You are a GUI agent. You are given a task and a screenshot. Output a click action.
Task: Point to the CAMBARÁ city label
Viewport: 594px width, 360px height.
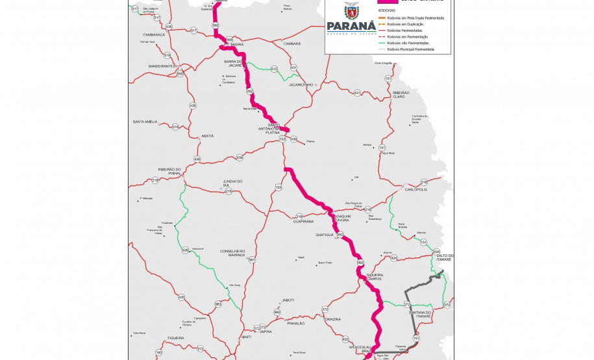tap(291, 43)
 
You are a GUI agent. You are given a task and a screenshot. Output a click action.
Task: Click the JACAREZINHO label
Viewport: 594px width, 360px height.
tap(301, 84)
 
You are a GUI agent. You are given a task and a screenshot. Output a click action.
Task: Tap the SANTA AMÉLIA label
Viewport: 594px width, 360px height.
tap(145, 122)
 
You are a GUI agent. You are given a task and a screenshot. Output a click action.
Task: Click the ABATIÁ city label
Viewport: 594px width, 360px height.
tap(207, 136)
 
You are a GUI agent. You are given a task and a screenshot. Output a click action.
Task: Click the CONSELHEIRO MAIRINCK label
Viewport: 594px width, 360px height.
tap(233, 253)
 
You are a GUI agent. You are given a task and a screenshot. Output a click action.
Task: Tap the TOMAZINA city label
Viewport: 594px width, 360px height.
tap(332, 319)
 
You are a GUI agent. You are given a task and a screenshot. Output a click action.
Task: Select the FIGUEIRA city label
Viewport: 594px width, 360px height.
tap(175, 338)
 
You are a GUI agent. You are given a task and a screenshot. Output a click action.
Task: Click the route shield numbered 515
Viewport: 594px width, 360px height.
tap(274, 68)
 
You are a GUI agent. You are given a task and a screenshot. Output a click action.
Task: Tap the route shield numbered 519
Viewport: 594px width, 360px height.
tap(167, 55)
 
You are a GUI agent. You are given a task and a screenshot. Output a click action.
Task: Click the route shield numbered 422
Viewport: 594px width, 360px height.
tap(345, 339)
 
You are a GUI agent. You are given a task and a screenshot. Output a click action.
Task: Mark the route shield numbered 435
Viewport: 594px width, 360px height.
tap(181, 297)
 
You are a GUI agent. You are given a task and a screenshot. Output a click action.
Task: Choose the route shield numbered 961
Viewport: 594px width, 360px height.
tap(252, 259)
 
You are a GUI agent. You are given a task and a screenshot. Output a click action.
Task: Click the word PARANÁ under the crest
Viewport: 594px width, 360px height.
tap(351, 26)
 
